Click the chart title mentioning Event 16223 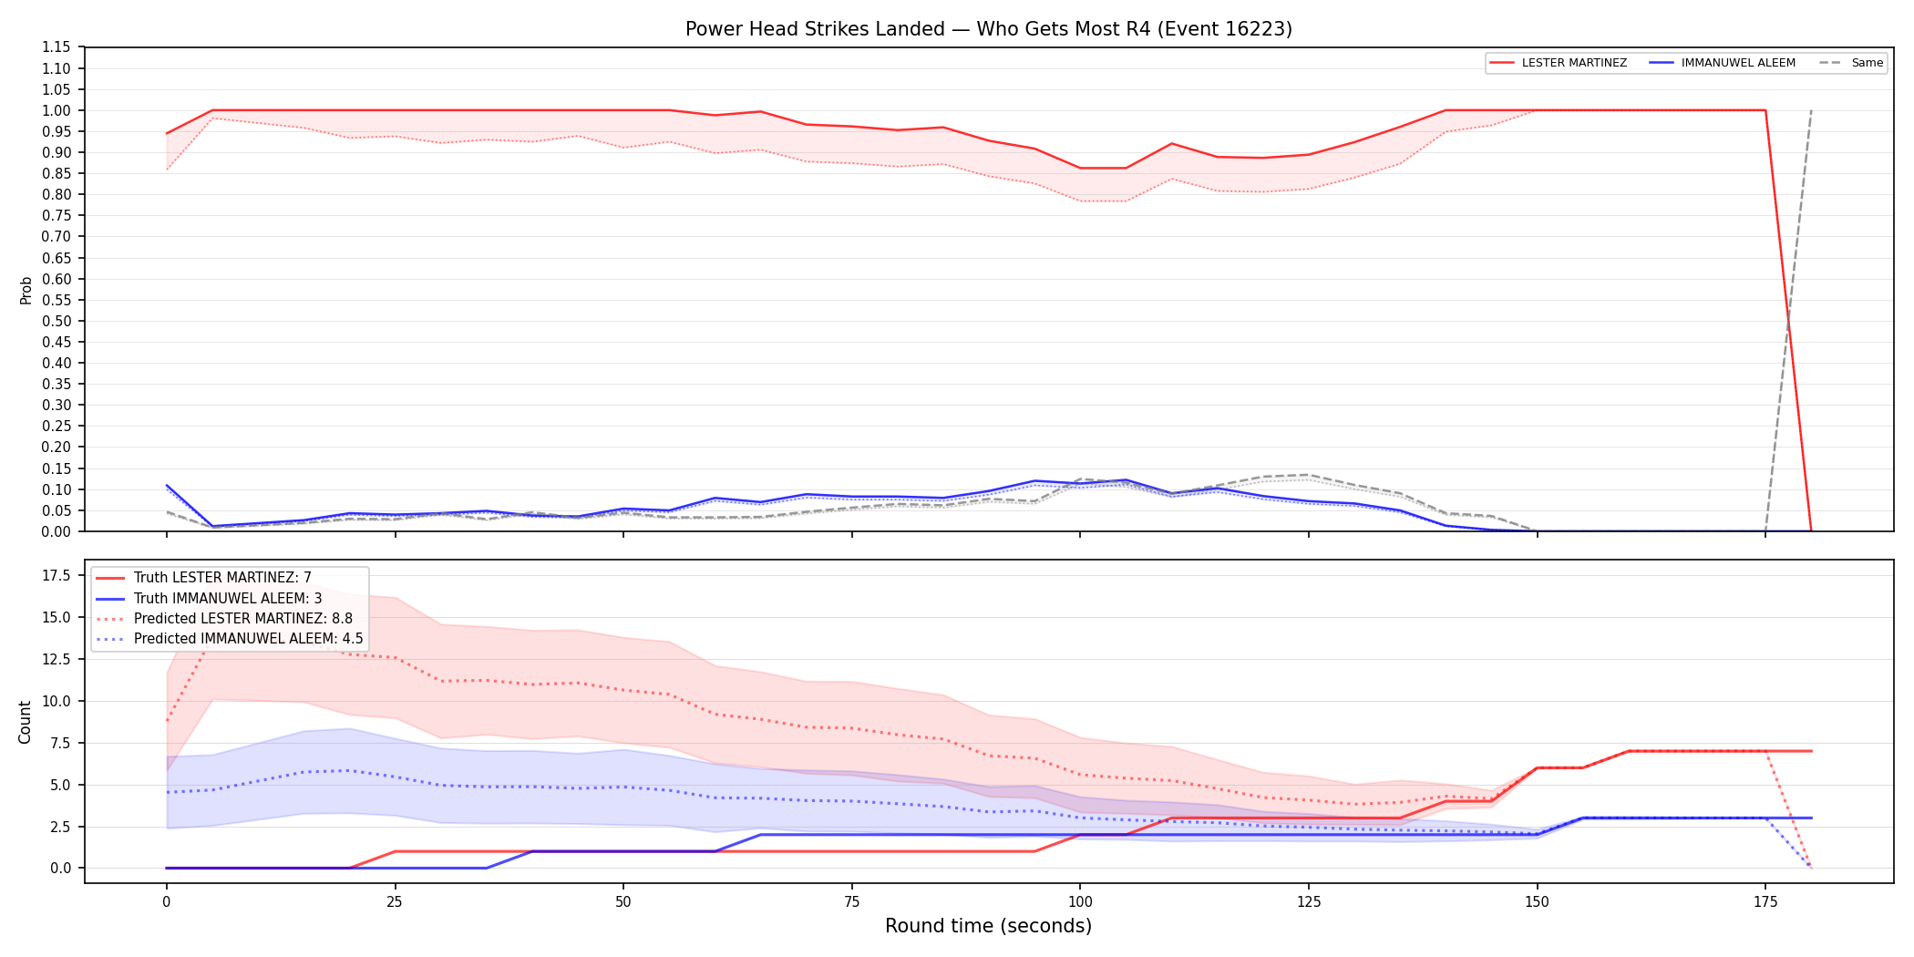pos(989,29)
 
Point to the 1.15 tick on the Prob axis pos(56,47)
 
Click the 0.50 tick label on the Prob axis pos(56,321)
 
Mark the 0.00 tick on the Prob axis pos(56,531)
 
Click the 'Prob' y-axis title pos(26,290)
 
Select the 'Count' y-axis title pos(25,722)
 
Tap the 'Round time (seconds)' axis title pos(989,926)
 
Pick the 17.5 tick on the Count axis pos(57,575)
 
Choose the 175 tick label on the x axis pos(1765,902)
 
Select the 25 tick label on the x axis pos(395,902)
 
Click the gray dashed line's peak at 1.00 pos(1811,110)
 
